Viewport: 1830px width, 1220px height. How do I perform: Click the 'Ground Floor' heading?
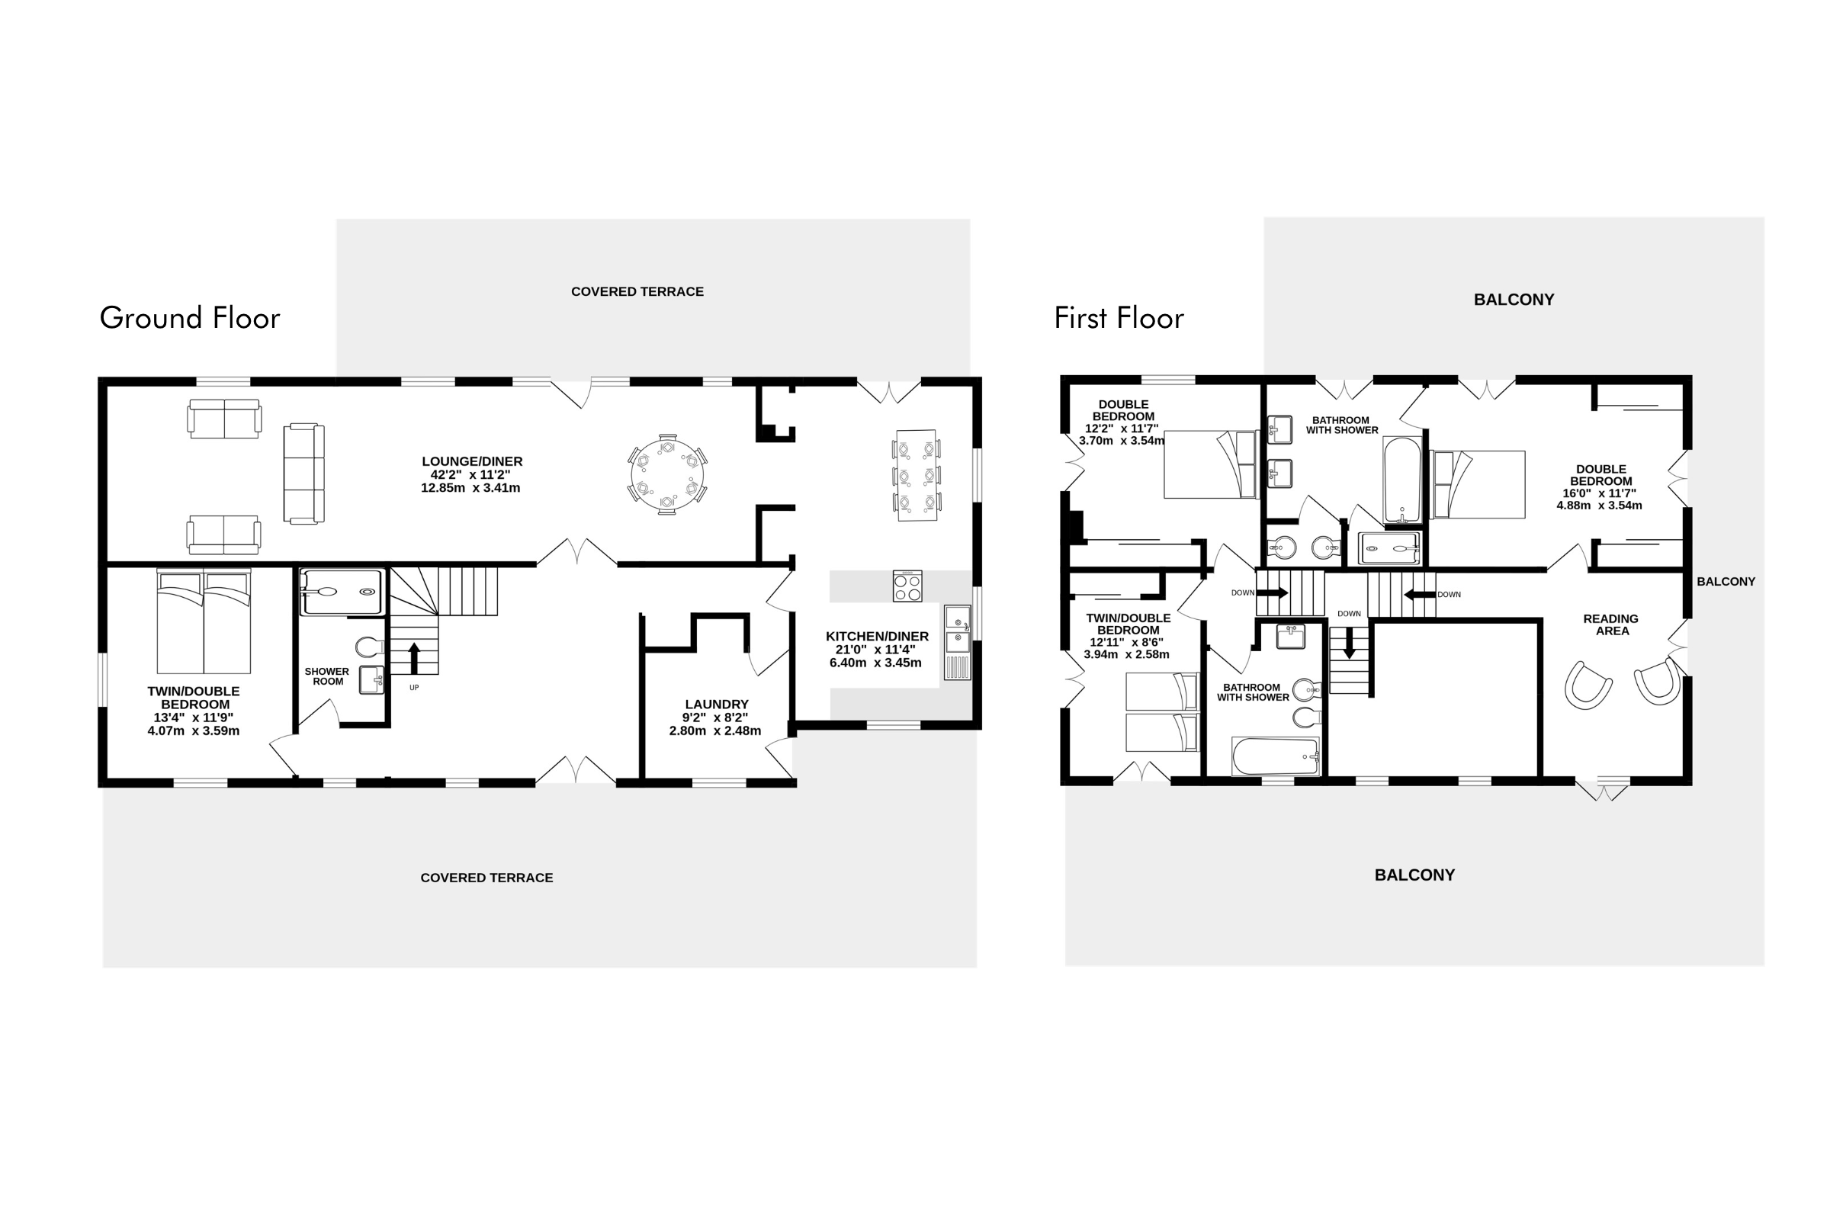(190, 317)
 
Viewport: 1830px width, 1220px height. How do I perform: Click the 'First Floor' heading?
(1119, 317)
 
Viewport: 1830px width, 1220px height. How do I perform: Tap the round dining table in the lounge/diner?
(666, 474)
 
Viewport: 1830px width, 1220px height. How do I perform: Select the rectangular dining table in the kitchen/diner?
(917, 474)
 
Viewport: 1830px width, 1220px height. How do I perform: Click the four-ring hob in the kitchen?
(907, 586)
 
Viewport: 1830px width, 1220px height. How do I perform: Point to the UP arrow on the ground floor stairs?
(414, 657)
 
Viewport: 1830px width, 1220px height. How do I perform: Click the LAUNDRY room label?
(717, 704)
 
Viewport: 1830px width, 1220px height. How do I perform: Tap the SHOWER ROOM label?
(327, 676)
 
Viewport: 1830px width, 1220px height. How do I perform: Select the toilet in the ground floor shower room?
(370, 647)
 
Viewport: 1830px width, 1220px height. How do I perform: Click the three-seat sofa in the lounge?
(303, 473)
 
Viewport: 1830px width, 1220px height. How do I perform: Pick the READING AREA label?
(1610, 624)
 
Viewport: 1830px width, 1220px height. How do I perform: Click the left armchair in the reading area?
(1588, 685)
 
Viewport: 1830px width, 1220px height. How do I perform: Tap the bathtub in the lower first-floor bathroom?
(1276, 756)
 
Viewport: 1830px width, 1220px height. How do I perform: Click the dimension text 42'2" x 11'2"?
(470, 474)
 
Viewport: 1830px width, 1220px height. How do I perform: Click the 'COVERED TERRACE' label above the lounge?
(637, 292)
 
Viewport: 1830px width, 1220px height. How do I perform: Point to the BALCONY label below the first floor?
(1414, 875)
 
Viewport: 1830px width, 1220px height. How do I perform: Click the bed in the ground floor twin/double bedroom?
(204, 621)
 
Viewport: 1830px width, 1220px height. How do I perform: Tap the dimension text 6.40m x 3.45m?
(875, 663)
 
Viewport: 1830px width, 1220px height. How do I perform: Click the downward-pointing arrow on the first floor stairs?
(1350, 642)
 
